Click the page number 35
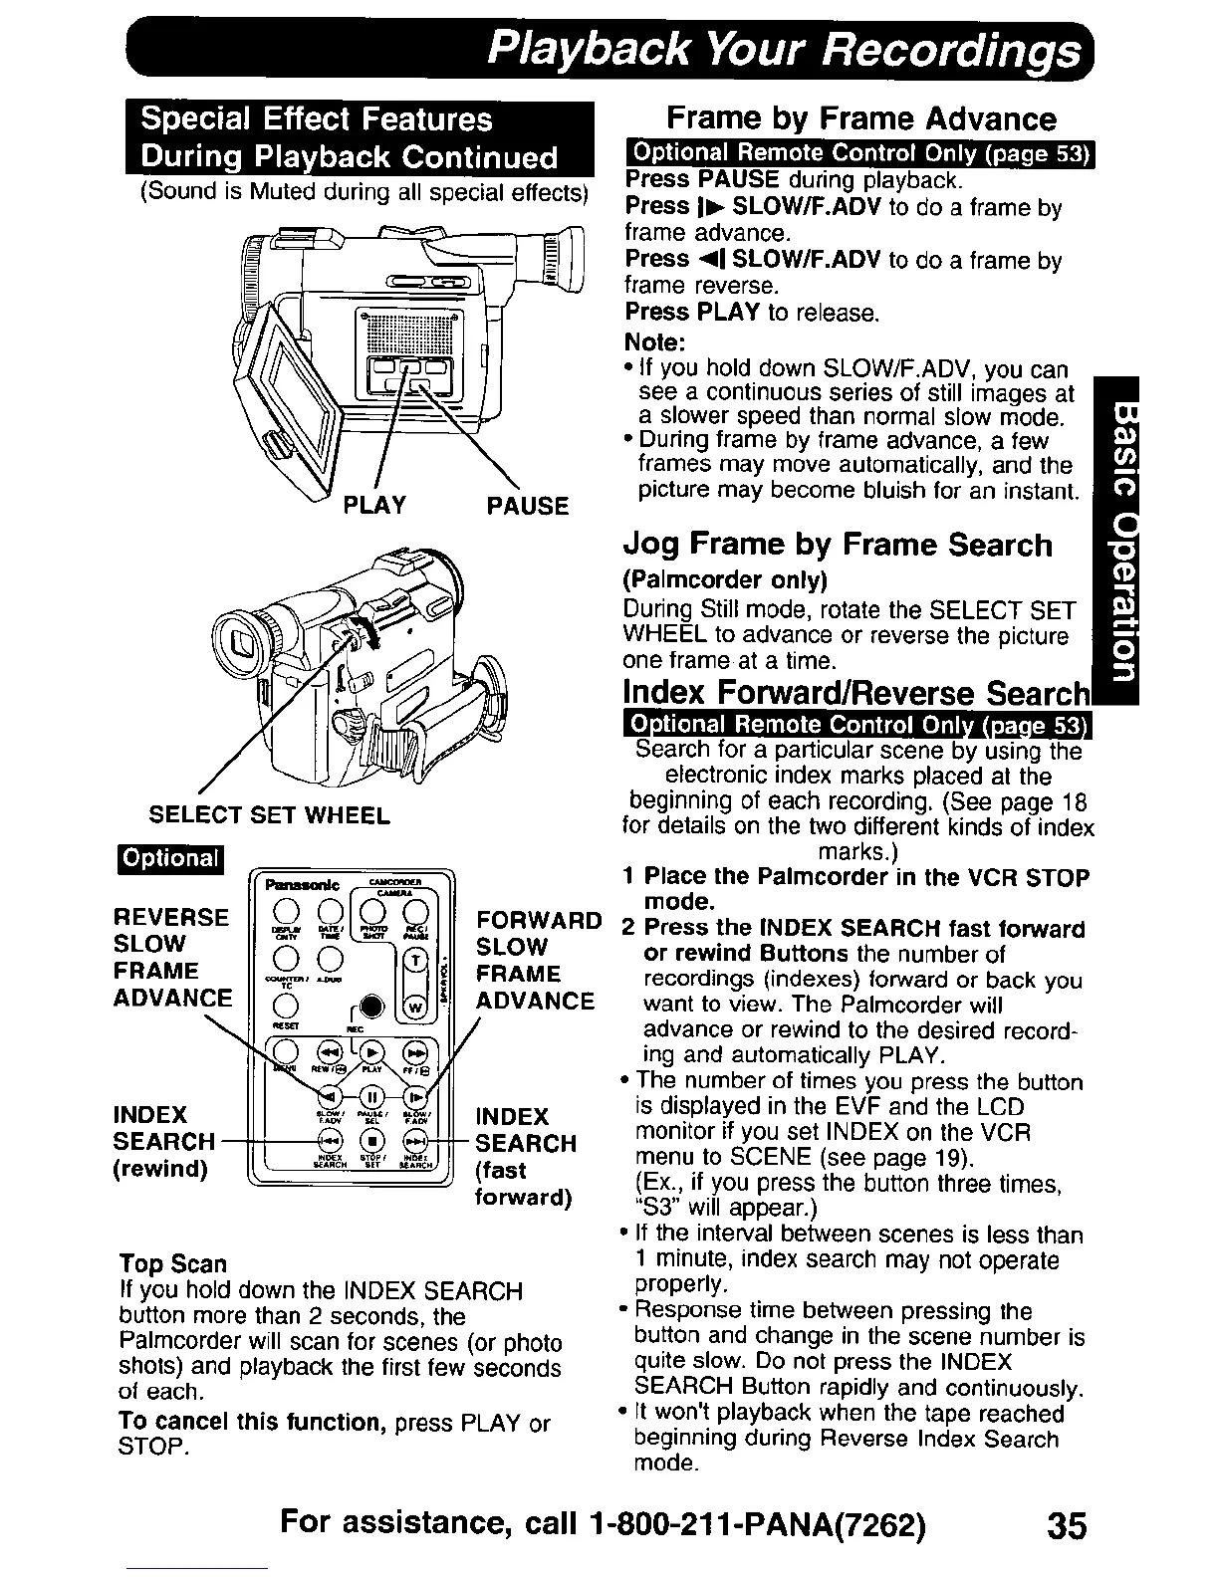(1066, 1525)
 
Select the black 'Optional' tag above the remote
(171, 859)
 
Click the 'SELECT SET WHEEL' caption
(269, 816)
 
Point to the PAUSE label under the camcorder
(527, 506)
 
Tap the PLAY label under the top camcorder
(373, 505)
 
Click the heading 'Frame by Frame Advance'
(860, 119)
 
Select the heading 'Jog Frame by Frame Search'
(837, 545)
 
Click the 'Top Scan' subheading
(172, 1264)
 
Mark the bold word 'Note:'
(655, 341)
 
